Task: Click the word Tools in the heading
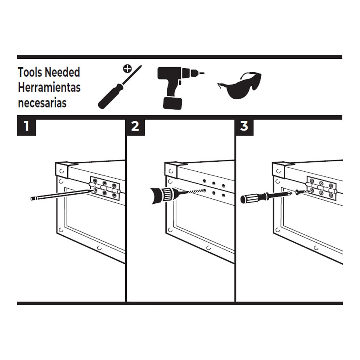[x=30, y=72]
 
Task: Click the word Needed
[x=62, y=72]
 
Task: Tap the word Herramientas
[x=49, y=87]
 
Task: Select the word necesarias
[x=42, y=103]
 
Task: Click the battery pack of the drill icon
[x=172, y=103]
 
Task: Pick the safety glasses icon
[x=239, y=85]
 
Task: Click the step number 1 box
[x=26, y=126]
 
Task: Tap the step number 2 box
[x=135, y=126]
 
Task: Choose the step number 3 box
[x=244, y=126]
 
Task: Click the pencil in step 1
[x=61, y=195]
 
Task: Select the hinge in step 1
[x=105, y=188]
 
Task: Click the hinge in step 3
[x=321, y=188]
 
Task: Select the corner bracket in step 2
[x=172, y=169]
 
